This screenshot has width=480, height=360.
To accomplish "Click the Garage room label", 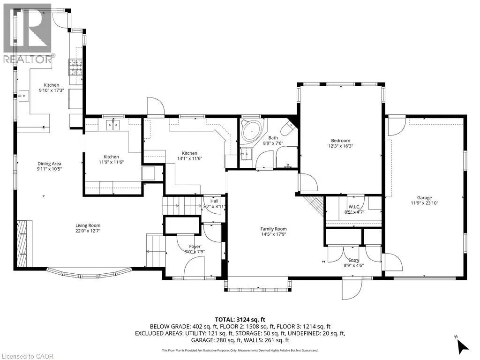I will coord(425,198).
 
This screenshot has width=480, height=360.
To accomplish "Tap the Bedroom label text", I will coord(341,141).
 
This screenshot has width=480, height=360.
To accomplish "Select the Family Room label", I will coord(274,229).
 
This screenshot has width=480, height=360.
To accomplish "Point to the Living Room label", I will coord(88,225).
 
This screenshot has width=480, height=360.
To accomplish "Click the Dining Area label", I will coord(50,163).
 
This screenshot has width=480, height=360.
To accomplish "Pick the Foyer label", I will coord(195,247).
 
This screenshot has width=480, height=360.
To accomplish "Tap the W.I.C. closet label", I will coord(354,207).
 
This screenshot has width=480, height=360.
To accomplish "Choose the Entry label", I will coord(354,260).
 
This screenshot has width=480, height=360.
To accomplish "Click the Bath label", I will coord(273,138).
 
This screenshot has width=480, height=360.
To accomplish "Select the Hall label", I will coord(215,201).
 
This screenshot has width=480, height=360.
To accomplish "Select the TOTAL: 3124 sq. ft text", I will coord(240,319).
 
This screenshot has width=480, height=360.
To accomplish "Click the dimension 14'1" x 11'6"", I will coord(189,159).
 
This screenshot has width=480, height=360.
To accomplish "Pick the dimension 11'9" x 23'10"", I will coord(425,203).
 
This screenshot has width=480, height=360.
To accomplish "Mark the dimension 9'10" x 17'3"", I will coord(51,90).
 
